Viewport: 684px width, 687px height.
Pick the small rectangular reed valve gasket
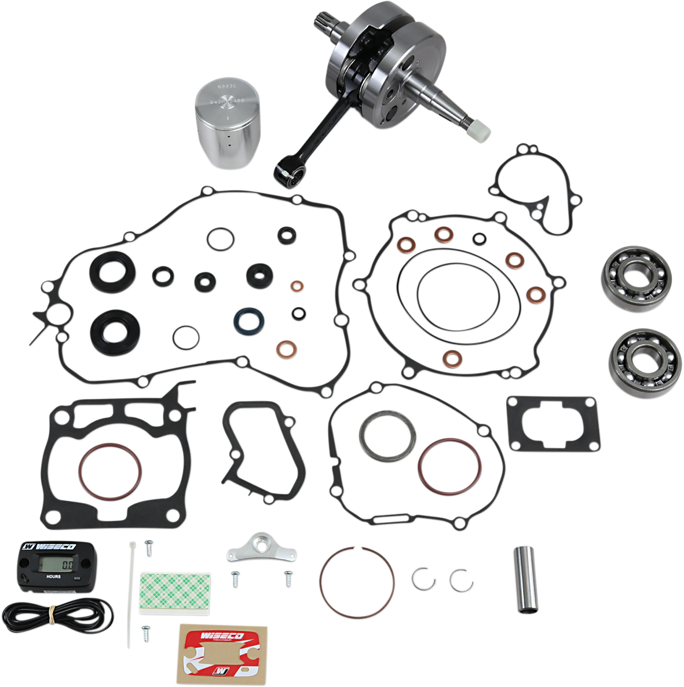(x=551, y=423)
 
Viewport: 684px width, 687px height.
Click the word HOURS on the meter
(x=53, y=577)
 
